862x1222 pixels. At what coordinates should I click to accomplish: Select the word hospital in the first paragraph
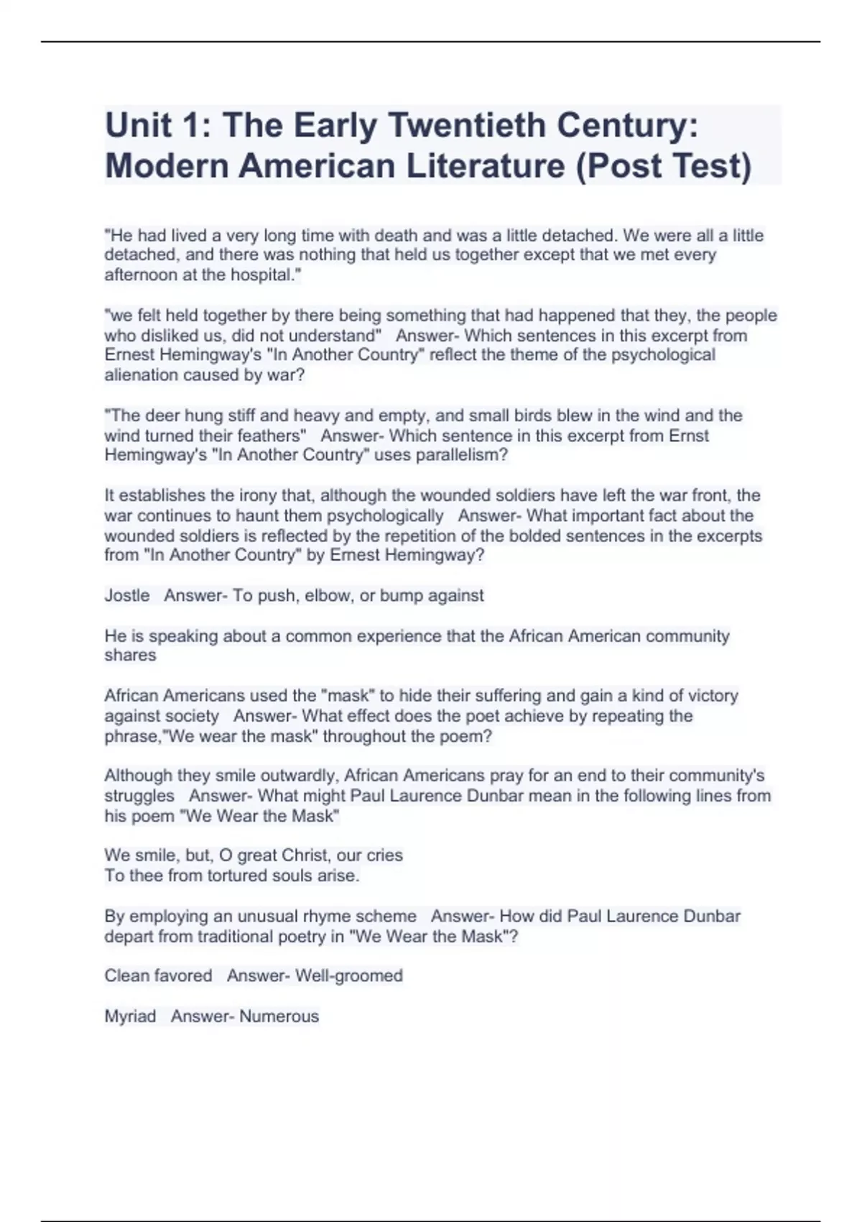click(x=262, y=275)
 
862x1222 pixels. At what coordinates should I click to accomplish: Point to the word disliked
click(x=164, y=336)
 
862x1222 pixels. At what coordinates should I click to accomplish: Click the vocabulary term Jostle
click(x=127, y=595)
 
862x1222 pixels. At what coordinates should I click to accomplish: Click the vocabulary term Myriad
click(x=130, y=1016)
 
